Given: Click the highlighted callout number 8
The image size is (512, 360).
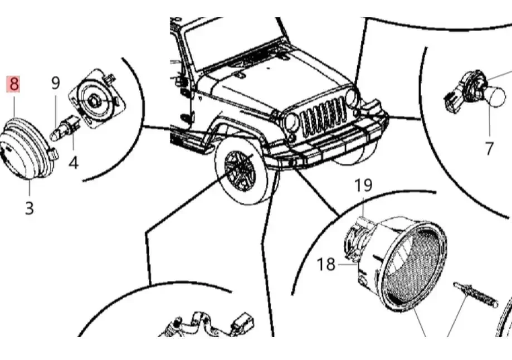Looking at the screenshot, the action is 13,84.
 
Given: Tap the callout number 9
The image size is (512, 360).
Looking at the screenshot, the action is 56,83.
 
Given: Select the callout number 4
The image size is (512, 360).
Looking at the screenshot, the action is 74,162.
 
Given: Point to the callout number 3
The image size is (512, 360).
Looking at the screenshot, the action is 30,208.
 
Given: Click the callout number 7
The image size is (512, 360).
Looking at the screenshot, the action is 489,148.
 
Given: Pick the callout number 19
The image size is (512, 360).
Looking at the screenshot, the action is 363,185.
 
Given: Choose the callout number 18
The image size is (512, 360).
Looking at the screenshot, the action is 326,264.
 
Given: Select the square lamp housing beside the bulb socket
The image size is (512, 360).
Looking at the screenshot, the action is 97,99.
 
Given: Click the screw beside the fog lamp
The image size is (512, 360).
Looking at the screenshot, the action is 475,295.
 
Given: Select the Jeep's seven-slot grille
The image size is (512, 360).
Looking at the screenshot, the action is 323,116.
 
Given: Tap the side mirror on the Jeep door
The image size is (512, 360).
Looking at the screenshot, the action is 180,81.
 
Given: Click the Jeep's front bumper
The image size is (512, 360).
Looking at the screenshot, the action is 326,144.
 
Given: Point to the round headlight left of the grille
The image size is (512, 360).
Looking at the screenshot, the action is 291,121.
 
